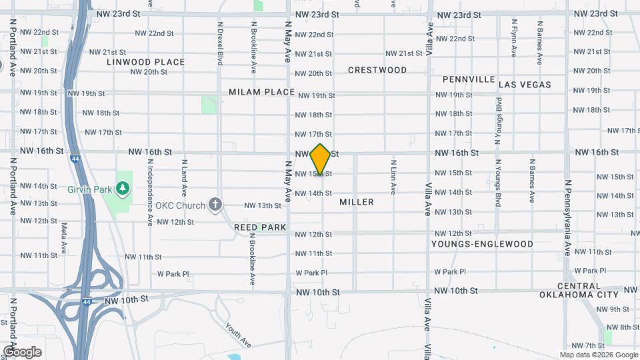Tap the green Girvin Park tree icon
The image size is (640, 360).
(x=122, y=189)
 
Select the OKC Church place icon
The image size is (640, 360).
(x=215, y=204)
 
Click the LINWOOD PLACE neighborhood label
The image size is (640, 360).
(x=145, y=62)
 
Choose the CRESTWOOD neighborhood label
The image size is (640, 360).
(x=377, y=70)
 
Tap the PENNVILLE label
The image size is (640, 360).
(x=469, y=79)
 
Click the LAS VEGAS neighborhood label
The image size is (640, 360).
(x=525, y=85)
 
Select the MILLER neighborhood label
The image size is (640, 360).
(x=357, y=201)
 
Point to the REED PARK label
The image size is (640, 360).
(x=260, y=227)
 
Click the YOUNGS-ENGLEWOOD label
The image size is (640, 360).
(x=482, y=244)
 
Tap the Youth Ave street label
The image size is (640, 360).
(x=237, y=335)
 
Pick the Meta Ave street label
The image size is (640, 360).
(x=64, y=238)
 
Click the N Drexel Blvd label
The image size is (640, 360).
(x=219, y=43)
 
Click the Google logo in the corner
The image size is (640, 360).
(x=22, y=351)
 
